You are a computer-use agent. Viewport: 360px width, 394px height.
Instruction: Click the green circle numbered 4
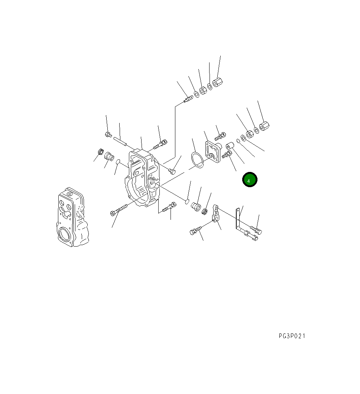pyautogui.click(x=250, y=179)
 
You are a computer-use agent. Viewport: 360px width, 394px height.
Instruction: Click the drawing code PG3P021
pyautogui.click(x=292, y=336)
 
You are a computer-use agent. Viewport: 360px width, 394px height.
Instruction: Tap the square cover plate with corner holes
pyautogui.click(x=213, y=151)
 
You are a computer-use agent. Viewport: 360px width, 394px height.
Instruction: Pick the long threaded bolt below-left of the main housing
pyautogui.click(x=119, y=209)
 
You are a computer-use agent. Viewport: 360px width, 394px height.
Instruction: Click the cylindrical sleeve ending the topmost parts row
pyautogui.click(x=218, y=82)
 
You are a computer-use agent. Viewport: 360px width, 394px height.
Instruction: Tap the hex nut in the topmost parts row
pyautogui.click(x=203, y=91)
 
